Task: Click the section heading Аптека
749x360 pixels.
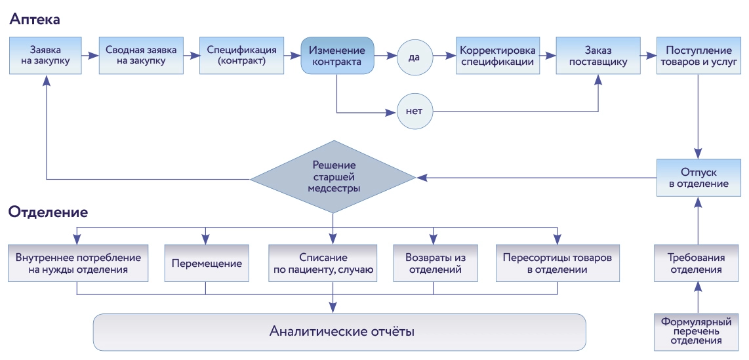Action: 35,20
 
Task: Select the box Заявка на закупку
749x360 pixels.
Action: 46,56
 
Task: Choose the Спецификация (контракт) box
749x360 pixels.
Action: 241,56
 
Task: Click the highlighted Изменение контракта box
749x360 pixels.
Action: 337,56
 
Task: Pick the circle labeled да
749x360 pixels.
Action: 415,57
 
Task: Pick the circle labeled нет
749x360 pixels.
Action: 415,111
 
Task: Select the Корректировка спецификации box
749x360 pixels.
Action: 498,56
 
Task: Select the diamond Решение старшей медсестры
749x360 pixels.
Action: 333,177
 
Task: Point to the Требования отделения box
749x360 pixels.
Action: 698,264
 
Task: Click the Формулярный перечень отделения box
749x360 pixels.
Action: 698,331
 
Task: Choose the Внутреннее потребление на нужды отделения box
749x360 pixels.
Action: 77,264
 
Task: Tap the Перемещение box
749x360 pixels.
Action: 207,264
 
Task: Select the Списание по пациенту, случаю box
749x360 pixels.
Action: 323,264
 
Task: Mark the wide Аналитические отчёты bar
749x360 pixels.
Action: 339,331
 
